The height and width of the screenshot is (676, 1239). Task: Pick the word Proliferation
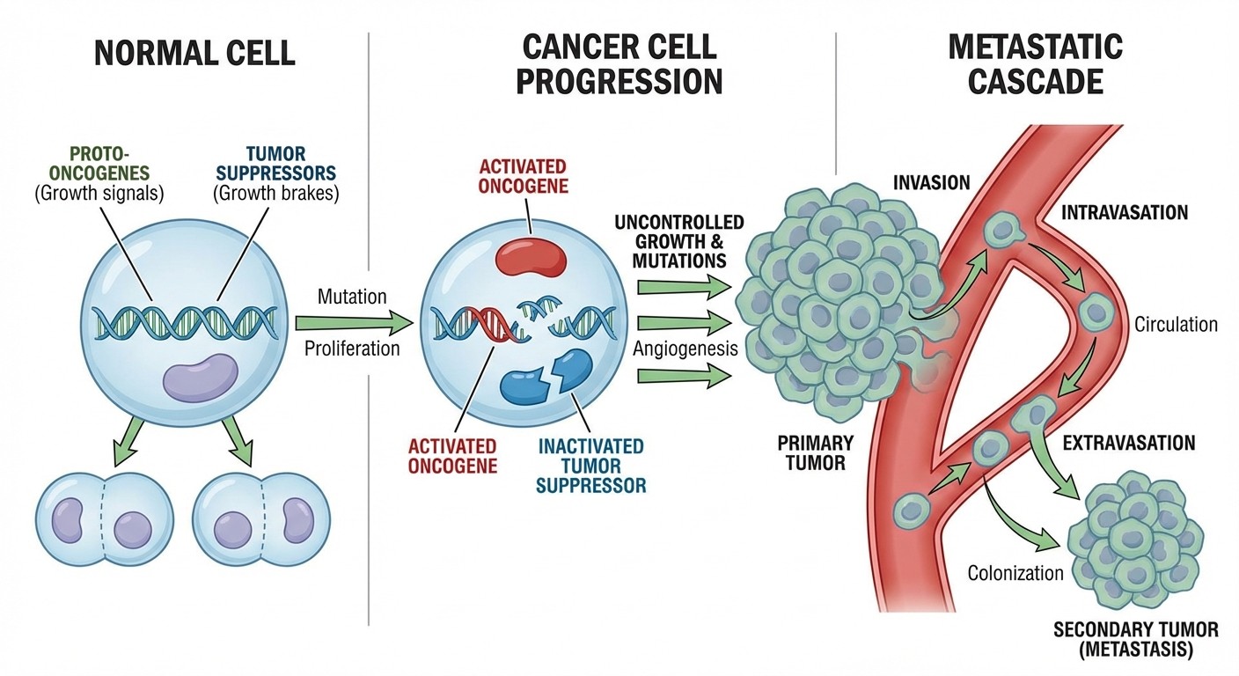(x=352, y=348)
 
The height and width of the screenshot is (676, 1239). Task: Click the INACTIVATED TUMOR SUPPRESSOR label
(x=590, y=465)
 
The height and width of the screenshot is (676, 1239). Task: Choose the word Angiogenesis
(x=685, y=349)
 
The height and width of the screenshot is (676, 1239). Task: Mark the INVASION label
(x=931, y=183)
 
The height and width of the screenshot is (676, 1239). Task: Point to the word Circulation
(x=1176, y=324)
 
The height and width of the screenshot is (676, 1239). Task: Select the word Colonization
(x=1015, y=573)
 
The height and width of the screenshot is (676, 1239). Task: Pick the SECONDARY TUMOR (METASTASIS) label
(x=1135, y=640)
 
